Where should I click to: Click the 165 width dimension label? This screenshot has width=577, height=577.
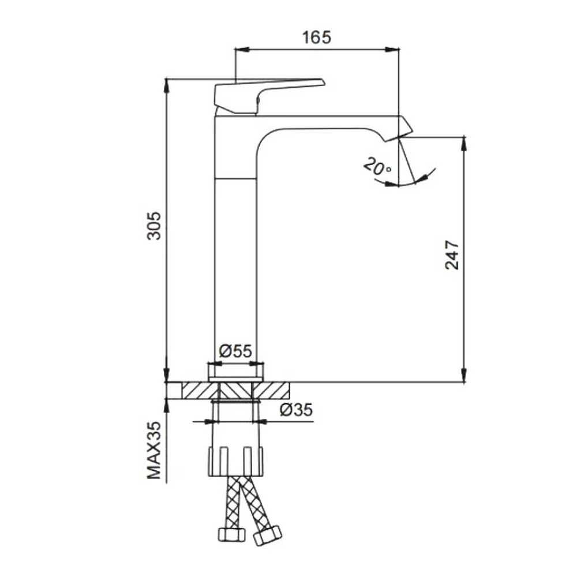(x=316, y=37)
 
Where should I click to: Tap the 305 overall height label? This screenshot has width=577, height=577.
(x=154, y=226)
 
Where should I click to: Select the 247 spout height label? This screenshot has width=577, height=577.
(x=452, y=256)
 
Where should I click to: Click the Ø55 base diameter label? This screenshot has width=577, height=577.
(x=235, y=351)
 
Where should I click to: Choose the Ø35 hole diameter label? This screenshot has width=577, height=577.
(x=296, y=410)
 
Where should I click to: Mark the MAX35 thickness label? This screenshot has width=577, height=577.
(x=154, y=450)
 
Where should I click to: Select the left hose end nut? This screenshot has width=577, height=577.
(x=232, y=534)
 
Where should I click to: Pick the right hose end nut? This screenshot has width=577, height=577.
(x=268, y=535)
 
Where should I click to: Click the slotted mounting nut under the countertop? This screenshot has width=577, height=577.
(x=235, y=462)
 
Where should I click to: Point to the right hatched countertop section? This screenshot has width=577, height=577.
(x=271, y=391)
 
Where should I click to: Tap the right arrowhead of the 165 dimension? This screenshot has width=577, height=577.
(x=392, y=49)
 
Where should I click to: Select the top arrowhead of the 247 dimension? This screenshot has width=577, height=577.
(x=464, y=144)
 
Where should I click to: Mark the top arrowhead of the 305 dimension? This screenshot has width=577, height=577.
(x=166, y=86)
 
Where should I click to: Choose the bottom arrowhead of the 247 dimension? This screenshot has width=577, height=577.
(x=464, y=376)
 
